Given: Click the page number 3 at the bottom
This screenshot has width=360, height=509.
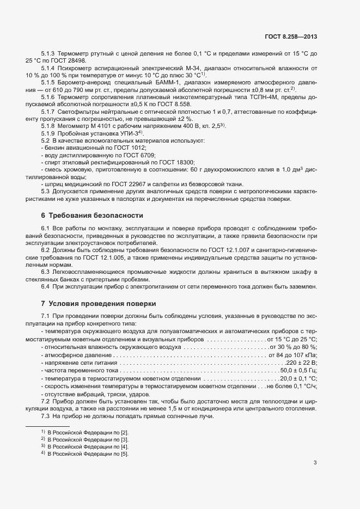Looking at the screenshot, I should click(315, 463).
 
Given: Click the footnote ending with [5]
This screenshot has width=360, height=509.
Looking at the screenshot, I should click(88, 453).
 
